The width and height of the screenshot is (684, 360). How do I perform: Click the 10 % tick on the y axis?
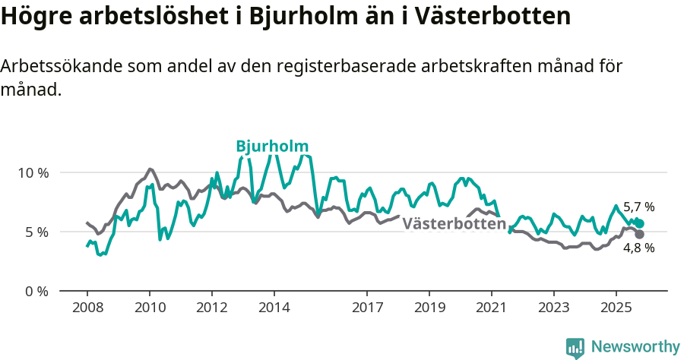[x=33, y=172]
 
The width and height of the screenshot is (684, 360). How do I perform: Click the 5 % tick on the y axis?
[x=36, y=232]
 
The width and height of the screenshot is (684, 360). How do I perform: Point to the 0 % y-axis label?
[x=36, y=291]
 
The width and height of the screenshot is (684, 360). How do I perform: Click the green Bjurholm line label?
[x=272, y=147]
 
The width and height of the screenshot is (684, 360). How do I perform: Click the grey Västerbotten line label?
[x=454, y=224]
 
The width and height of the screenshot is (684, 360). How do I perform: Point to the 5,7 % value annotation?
[x=638, y=207]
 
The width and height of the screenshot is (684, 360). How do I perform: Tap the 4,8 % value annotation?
[x=638, y=248]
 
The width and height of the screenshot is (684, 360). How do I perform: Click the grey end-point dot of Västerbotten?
[x=639, y=234]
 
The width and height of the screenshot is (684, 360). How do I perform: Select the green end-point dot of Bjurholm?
[x=639, y=223]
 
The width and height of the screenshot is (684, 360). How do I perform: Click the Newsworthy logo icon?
[x=575, y=348]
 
